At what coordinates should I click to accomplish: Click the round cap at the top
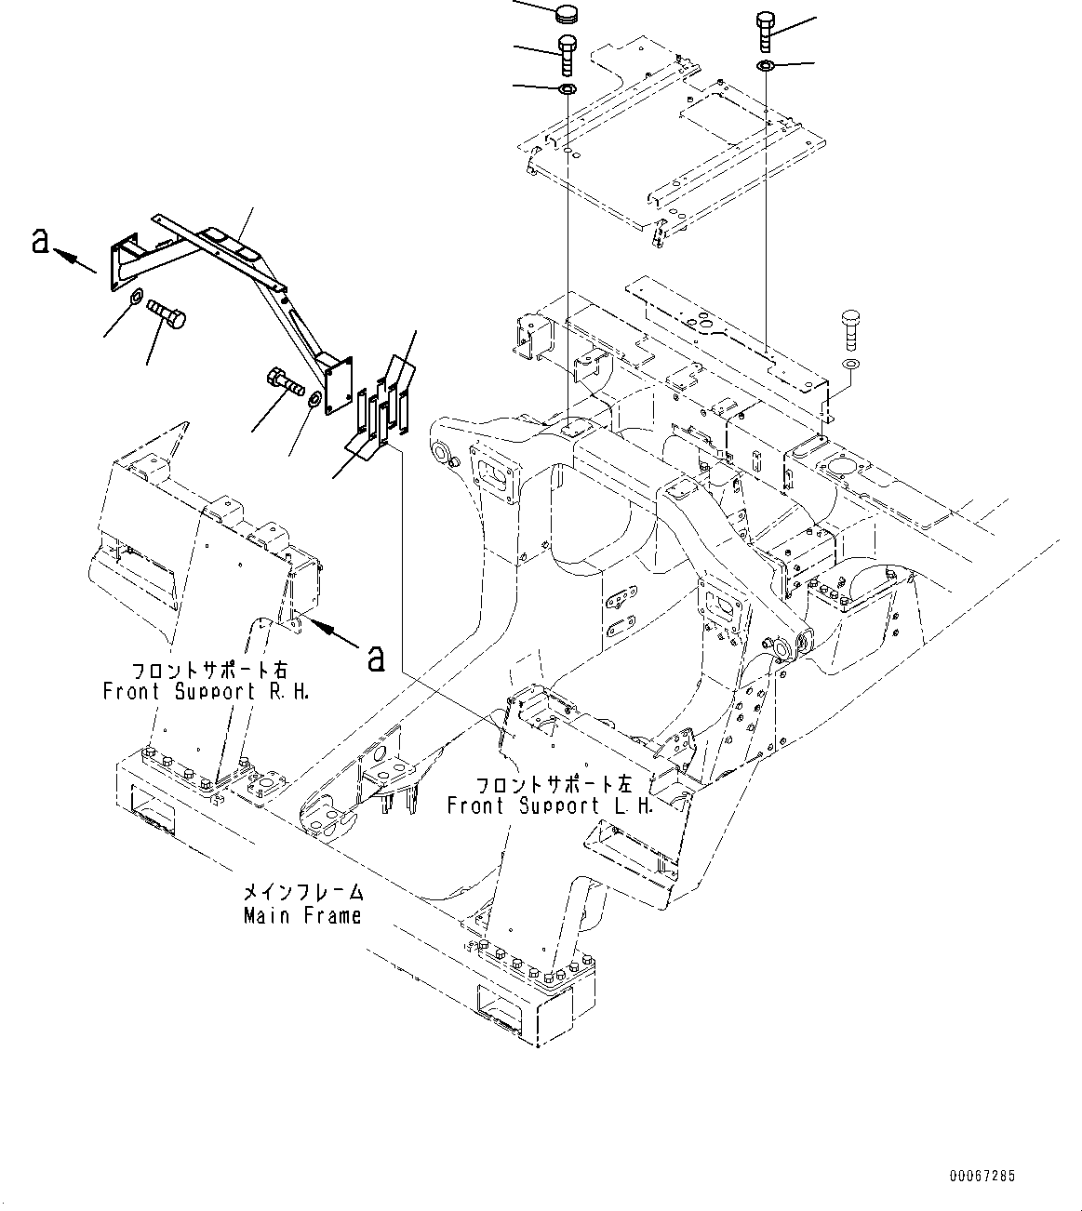566,14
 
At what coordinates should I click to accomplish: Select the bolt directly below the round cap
566,54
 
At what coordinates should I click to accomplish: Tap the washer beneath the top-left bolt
566,89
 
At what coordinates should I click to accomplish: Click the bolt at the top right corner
765,32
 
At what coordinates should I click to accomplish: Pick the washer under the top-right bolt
766,65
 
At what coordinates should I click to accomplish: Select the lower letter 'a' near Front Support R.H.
376,658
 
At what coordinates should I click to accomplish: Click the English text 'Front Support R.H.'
206,691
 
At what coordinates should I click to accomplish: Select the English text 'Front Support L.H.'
550,805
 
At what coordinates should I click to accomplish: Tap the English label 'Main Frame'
302,915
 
